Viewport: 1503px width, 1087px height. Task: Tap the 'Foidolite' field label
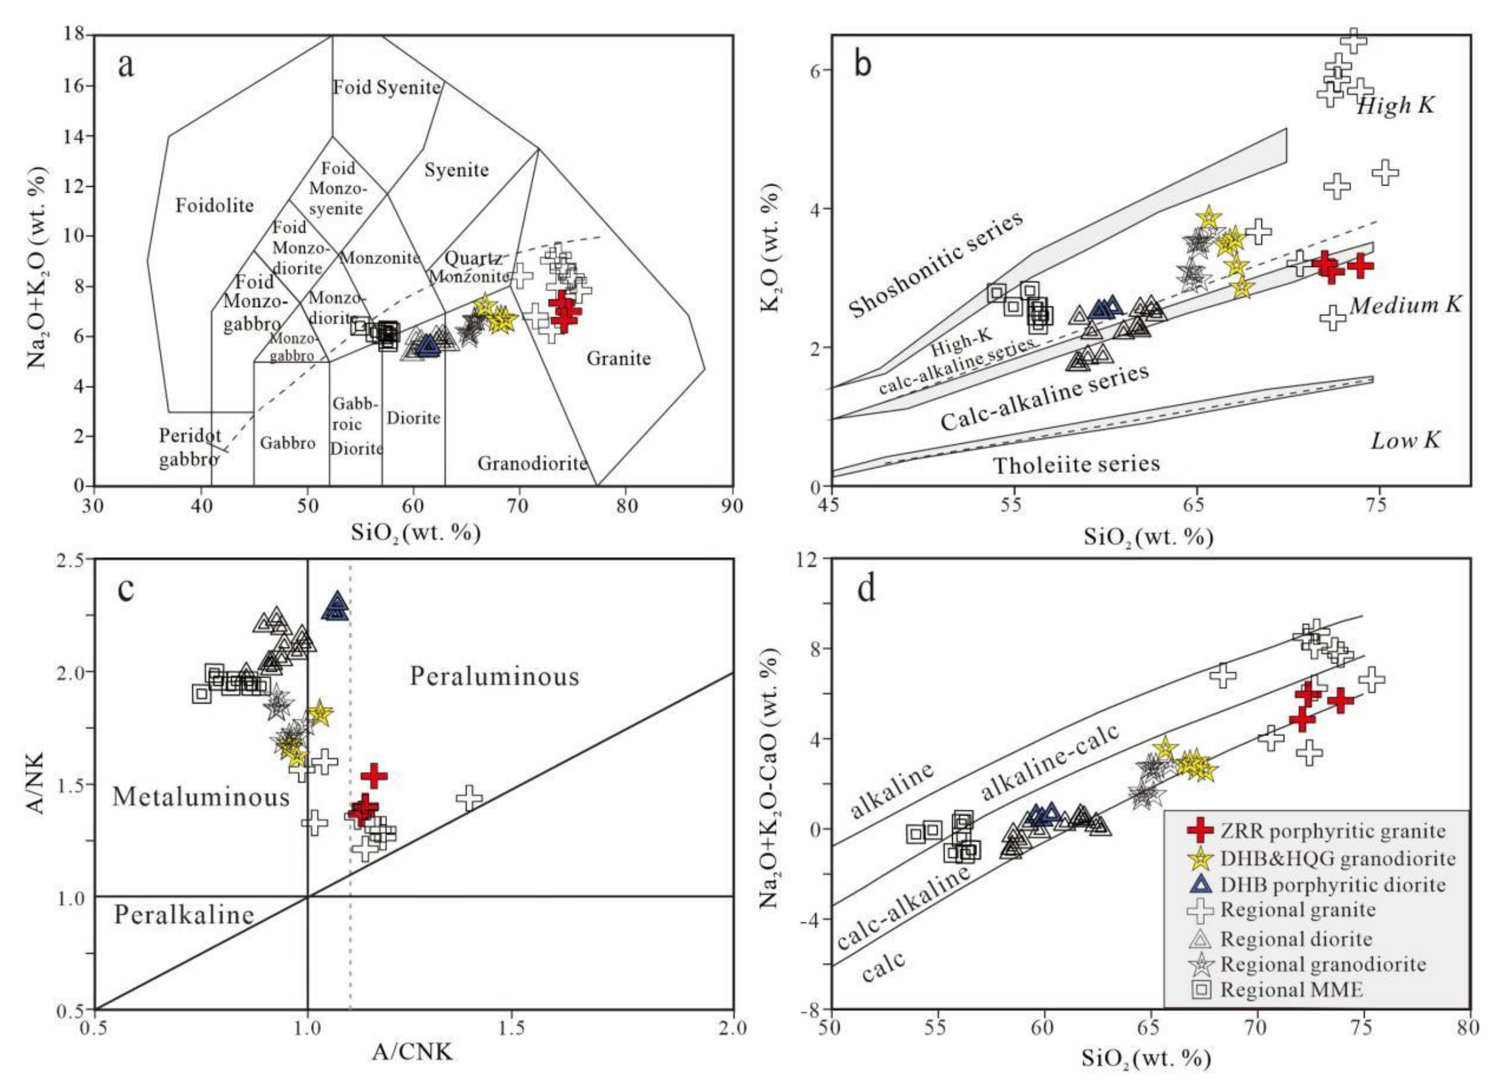coord(214,206)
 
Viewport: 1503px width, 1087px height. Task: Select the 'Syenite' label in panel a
coord(457,170)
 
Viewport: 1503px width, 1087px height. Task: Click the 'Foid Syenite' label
coord(386,87)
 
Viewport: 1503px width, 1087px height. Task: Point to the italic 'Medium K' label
coord(1405,305)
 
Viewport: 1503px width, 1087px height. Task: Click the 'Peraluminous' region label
coord(495,677)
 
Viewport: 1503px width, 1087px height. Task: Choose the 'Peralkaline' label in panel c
coord(184,915)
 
